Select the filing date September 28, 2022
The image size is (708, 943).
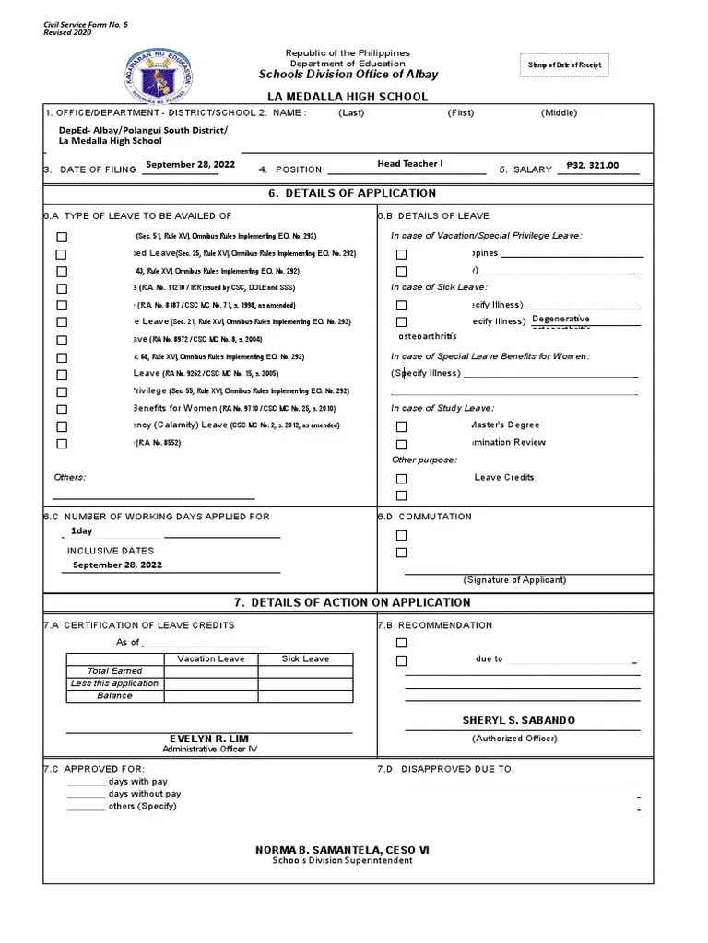(190, 164)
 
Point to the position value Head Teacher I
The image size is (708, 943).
(409, 164)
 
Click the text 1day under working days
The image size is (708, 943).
(81, 531)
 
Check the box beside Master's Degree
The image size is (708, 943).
(401, 426)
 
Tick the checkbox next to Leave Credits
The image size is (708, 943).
(401, 479)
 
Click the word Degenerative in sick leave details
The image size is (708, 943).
(560, 320)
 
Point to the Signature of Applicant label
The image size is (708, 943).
(514, 580)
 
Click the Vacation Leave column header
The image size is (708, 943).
(210, 659)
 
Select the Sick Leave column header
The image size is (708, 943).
(304, 659)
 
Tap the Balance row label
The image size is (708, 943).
(114, 696)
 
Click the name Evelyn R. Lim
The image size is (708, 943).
(208, 739)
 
